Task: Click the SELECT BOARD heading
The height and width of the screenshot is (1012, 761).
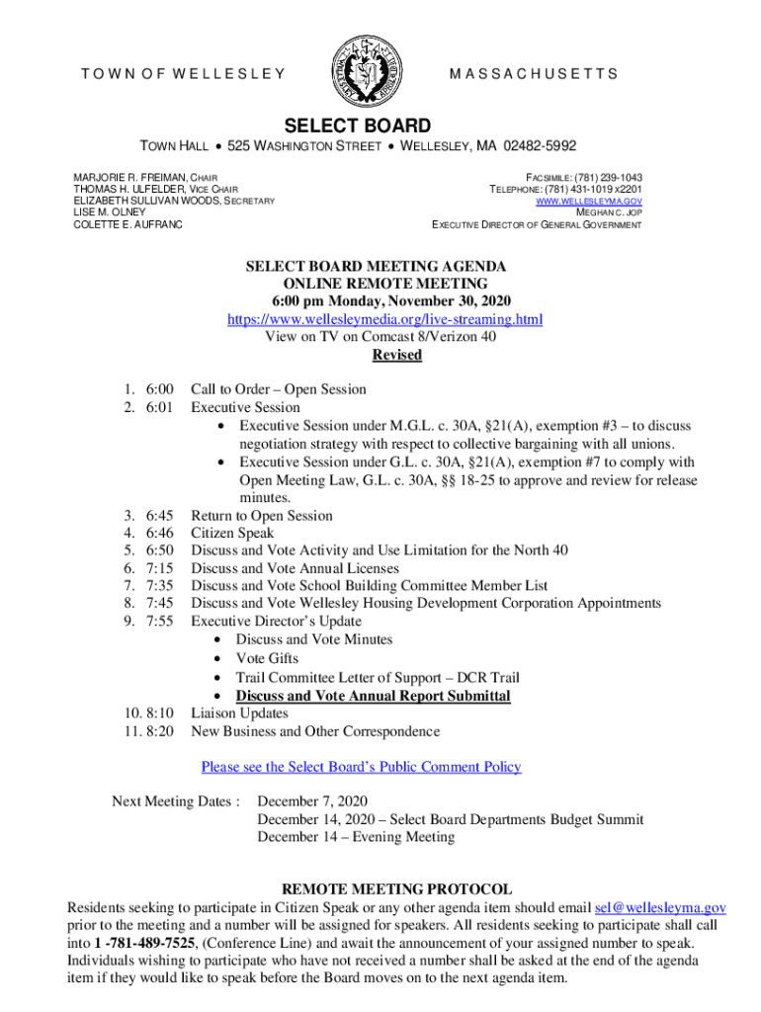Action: [358, 126]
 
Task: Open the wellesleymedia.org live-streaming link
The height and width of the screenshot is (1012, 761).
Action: [385, 319]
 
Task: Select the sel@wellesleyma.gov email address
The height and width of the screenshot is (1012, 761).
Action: [661, 907]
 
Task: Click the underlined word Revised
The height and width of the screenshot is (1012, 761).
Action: [396, 355]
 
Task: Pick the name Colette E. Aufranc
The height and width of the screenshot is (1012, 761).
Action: [127, 224]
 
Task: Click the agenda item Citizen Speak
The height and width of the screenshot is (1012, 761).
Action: [232, 534]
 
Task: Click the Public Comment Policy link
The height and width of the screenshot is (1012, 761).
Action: [361, 767]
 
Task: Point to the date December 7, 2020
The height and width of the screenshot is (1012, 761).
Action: [312, 801]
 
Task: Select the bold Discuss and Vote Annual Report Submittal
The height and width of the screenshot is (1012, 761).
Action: [373, 696]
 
